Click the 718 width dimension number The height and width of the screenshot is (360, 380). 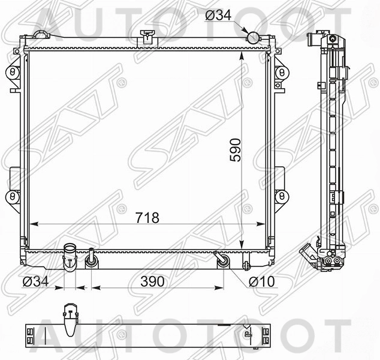click(147, 218)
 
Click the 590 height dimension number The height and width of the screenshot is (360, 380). click(236, 150)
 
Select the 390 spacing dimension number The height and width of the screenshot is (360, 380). click(152, 281)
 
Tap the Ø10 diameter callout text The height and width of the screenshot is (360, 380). click(262, 281)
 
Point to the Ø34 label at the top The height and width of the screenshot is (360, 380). click(218, 16)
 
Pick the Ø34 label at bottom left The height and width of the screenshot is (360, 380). click(35, 281)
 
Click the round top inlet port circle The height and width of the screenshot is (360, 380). click(253, 37)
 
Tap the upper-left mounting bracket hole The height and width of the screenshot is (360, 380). click(12, 72)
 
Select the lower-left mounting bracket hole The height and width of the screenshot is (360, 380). click(12, 196)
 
